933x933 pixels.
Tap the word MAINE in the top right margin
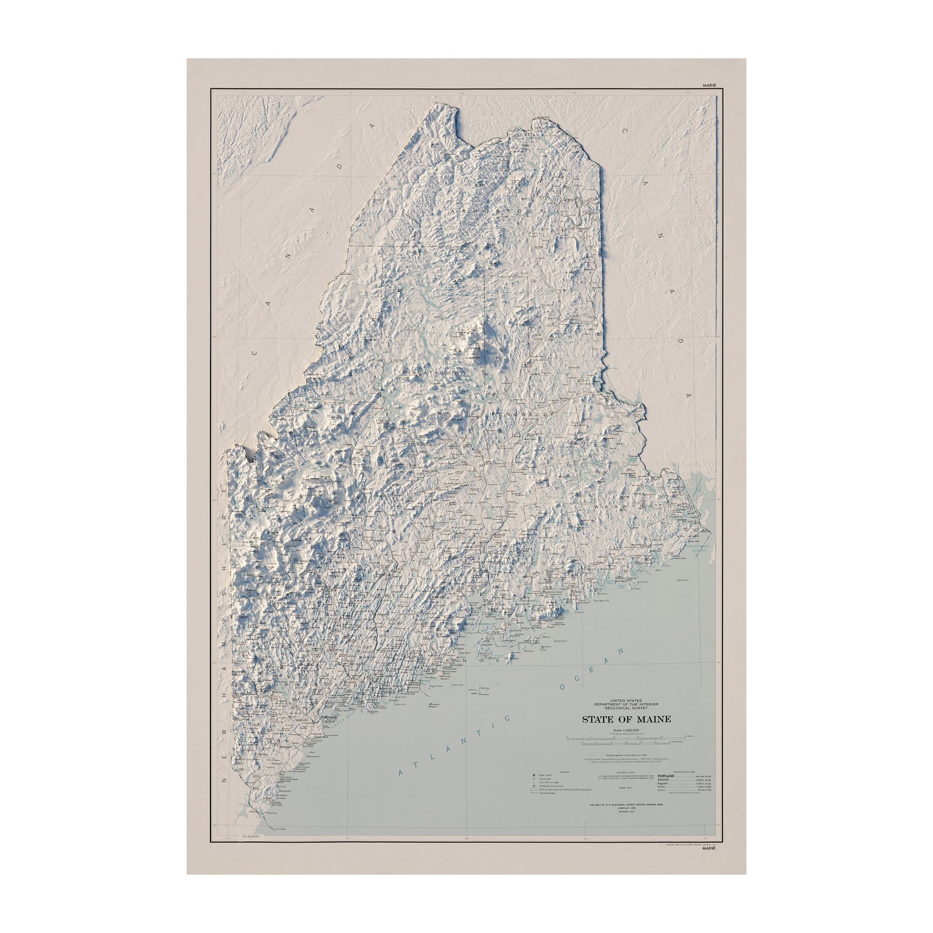708,85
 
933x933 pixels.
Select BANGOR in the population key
664,780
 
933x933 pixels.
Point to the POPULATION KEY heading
683,772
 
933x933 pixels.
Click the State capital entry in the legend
546,775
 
